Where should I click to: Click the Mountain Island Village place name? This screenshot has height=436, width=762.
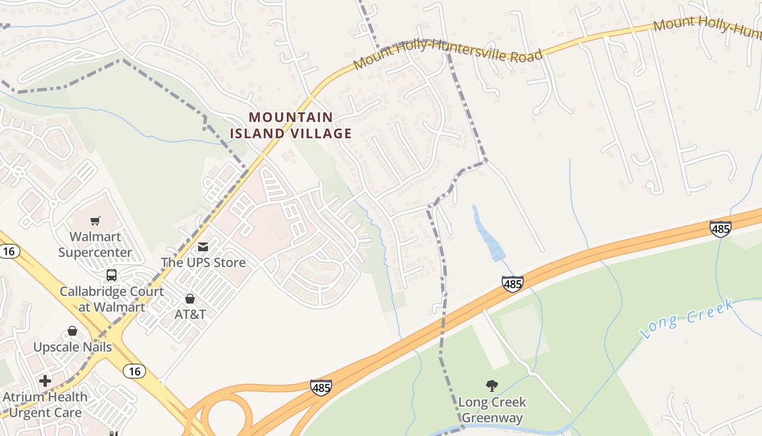click(291, 125)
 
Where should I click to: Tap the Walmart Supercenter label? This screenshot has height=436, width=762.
click(95, 245)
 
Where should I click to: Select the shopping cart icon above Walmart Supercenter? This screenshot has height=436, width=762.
click(95, 221)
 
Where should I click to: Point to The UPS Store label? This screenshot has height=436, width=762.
click(203, 263)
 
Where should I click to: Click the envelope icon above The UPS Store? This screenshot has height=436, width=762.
click(203, 247)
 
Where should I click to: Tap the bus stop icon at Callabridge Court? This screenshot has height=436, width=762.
click(112, 275)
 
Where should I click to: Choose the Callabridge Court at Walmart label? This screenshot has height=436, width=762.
click(112, 299)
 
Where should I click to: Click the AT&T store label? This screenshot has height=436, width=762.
click(190, 314)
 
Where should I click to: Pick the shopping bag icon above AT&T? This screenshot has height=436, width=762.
click(190, 299)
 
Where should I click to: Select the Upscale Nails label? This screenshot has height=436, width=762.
click(72, 347)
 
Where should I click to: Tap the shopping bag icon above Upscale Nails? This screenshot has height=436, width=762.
click(72, 331)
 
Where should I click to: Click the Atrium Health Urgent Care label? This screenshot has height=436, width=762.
click(45, 405)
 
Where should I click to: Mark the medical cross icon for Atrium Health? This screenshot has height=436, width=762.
click(45, 380)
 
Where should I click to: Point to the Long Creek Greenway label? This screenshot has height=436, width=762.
click(492, 410)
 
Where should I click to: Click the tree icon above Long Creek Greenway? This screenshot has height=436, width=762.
click(492, 386)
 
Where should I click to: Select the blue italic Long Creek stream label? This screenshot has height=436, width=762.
click(687, 319)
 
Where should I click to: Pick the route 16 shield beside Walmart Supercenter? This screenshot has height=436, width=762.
click(9, 251)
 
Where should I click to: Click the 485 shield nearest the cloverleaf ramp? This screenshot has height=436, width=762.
click(321, 387)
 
